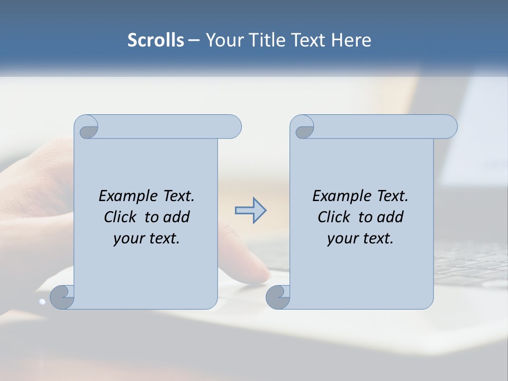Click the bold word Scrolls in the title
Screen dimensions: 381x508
coord(156,40)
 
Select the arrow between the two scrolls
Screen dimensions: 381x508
coord(250,211)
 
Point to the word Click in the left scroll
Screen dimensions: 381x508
coord(121,217)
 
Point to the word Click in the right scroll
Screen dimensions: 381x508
coord(335,217)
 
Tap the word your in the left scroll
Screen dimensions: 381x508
coord(128,239)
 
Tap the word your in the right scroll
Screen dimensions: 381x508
coord(341,239)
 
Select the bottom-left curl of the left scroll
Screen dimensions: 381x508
coord(62,297)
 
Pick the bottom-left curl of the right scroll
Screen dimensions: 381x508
coord(278,297)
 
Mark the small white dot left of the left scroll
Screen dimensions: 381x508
coord(42,302)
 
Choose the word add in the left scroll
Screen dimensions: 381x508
coord(176,217)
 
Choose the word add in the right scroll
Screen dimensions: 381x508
coord(390,217)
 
